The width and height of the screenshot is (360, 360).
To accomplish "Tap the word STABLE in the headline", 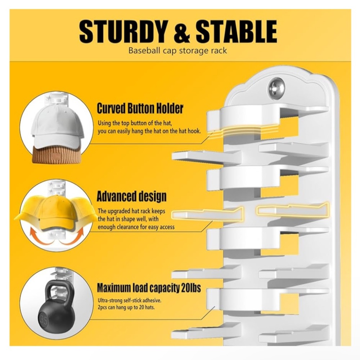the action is [x=236, y=31].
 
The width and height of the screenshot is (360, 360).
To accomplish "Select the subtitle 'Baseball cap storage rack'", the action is [x=177, y=50].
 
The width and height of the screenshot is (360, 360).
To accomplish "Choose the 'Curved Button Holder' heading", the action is [x=140, y=108].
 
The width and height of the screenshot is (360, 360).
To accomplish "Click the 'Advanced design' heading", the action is [x=131, y=197].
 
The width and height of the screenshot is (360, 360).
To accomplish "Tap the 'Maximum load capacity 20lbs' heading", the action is [x=149, y=288].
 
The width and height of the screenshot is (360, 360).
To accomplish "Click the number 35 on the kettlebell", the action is [x=43, y=320].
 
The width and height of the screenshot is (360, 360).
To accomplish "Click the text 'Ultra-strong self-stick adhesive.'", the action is [x=130, y=300].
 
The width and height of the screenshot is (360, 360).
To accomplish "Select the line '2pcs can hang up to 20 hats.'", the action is [x=126, y=307].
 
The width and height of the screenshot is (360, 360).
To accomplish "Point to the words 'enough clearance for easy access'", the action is [x=136, y=227].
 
